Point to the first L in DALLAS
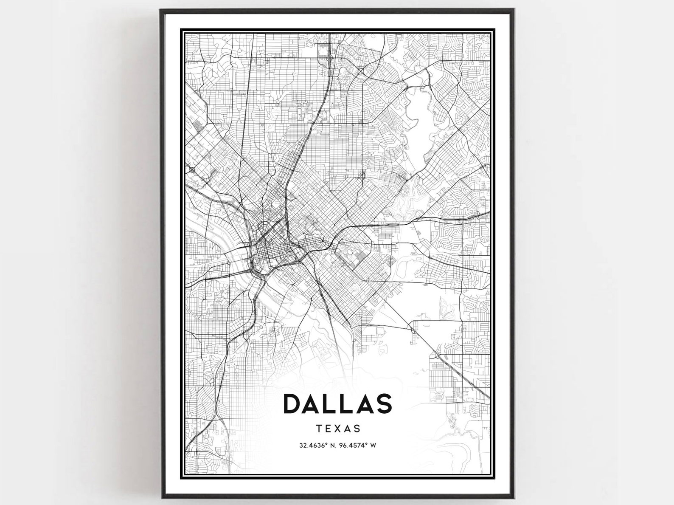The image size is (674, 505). click(330, 403)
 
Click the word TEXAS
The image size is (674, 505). click(339, 429)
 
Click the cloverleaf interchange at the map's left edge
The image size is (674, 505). click(192, 170)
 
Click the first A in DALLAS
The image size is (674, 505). click(312, 403)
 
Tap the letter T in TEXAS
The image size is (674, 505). click(320, 429)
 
